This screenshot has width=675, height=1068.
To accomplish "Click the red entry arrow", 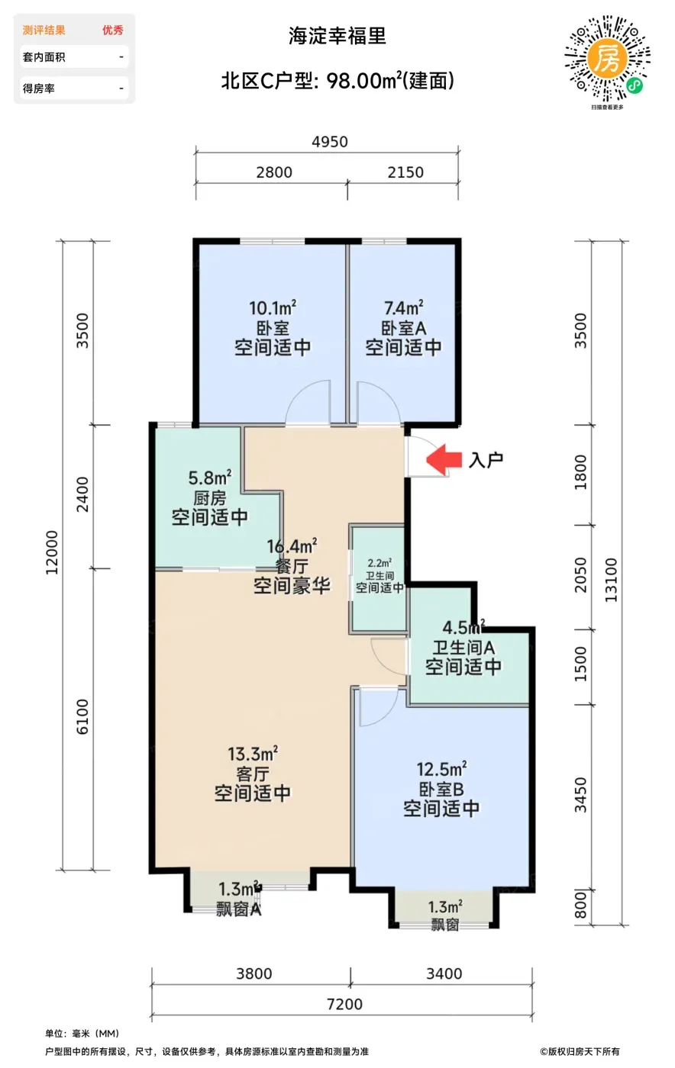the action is (444, 459).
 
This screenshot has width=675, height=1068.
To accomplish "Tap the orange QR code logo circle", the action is (607, 59).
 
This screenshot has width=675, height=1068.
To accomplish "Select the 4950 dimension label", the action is (330, 142).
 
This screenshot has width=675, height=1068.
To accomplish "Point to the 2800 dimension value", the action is (274, 172).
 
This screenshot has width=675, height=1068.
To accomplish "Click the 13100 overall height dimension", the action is (611, 580).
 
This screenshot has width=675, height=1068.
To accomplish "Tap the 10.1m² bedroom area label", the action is (273, 307).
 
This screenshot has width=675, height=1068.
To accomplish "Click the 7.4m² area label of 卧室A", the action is (404, 307).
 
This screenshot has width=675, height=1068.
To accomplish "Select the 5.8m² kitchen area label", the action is (210, 478).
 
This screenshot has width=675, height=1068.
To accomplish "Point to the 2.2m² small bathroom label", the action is (379, 563).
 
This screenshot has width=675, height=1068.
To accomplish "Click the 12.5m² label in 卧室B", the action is (441, 769).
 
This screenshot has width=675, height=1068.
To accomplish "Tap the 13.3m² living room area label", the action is (253, 754).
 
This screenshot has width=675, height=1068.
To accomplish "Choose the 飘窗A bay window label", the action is (239, 909).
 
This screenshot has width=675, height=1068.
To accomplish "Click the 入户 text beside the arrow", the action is (486, 460).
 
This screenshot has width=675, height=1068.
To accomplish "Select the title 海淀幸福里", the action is (337, 36).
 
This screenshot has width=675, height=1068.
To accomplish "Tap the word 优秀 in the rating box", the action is (113, 30).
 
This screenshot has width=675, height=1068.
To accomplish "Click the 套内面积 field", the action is (74, 57).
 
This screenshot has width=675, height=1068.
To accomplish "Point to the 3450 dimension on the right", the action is (580, 794).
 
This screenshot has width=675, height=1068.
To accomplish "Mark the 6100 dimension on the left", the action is (82, 716).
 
